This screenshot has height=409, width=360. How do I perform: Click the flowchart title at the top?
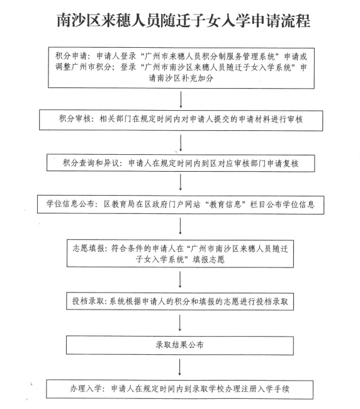183,20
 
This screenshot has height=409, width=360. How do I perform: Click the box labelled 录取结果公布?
180,345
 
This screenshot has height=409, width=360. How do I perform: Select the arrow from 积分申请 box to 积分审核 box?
181,99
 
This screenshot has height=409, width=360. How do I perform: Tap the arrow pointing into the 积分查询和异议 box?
180,143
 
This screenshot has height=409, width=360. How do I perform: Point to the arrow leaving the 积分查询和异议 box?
180,182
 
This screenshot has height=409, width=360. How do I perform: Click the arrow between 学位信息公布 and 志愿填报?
180,226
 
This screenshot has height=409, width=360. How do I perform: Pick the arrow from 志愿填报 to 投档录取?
180,279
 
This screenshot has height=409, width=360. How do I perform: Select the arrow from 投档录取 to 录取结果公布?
180,323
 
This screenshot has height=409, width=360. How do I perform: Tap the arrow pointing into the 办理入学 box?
180,367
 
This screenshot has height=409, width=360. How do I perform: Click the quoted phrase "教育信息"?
225,204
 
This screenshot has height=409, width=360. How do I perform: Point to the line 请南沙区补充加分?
181,78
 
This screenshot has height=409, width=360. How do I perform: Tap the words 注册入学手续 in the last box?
265,389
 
